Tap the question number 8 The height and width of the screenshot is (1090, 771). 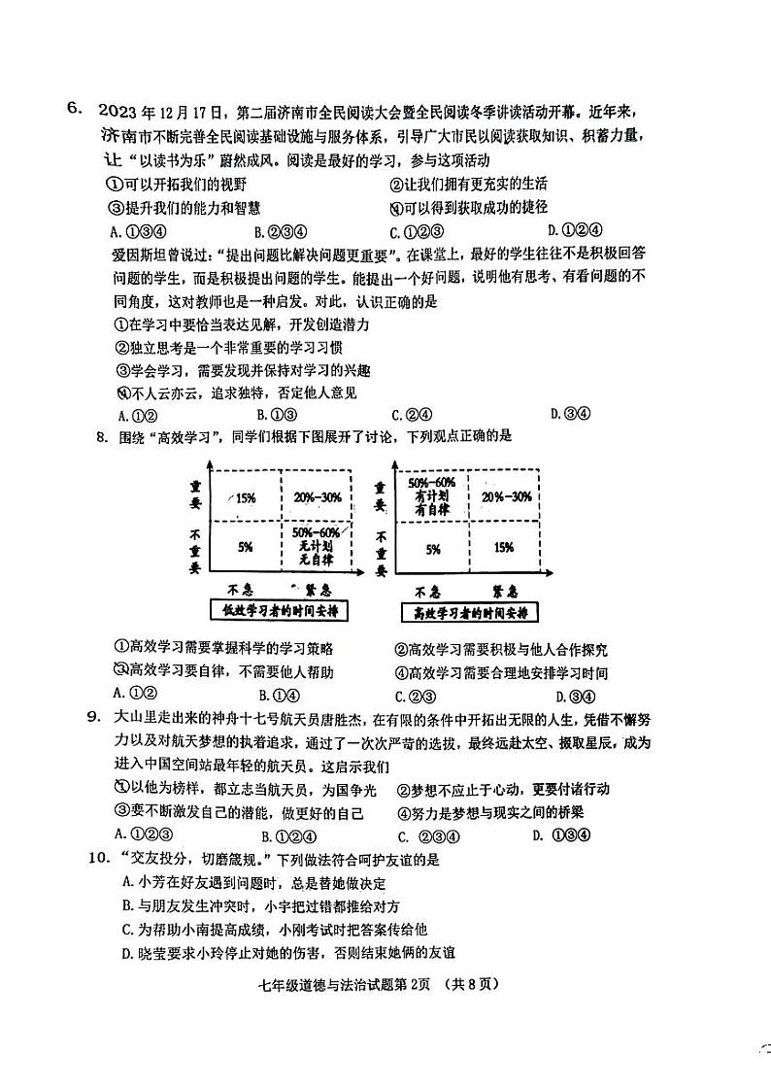(100, 436)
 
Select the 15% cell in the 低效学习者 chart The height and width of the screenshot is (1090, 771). (245, 497)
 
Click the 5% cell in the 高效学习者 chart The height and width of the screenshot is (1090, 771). (432, 548)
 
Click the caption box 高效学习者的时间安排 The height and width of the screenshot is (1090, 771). (468, 613)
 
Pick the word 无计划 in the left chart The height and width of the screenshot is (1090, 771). (316, 547)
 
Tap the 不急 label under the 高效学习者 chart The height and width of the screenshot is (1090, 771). (427, 590)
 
